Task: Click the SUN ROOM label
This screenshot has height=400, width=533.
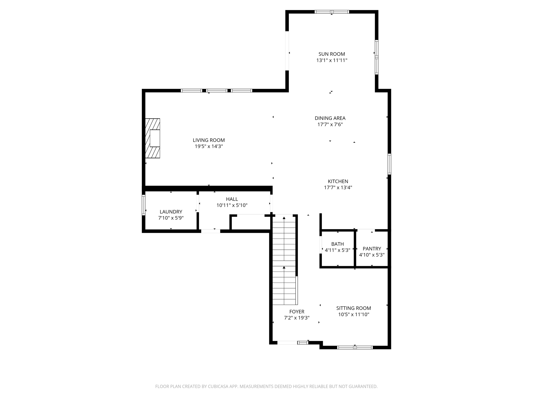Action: (x=332, y=54)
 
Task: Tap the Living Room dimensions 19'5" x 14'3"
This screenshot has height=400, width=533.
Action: (x=209, y=146)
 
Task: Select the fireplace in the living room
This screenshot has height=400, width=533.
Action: (x=153, y=138)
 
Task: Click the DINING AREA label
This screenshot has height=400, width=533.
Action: (x=330, y=118)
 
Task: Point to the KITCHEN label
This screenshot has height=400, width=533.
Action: (x=338, y=181)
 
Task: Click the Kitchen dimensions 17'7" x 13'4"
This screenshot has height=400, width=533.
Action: (x=338, y=187)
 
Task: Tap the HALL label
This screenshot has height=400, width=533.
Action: (x=232, y=199)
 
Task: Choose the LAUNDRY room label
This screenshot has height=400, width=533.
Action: (x=171, y=212)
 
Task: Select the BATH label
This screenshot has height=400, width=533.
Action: (x=337, y=244)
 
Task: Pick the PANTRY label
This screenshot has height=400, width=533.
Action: (x=372, y=249)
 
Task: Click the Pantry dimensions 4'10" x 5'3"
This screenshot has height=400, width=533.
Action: (x=372, y=255)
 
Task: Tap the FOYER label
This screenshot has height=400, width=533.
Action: (x=297, y=312)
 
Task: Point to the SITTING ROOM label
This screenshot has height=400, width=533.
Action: (x=353, y=308)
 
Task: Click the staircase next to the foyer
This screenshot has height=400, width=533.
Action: (x=284, y=260)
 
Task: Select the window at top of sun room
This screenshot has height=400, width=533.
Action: (x=332, y=12)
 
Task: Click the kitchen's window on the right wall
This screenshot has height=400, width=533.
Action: (x=389, y=164)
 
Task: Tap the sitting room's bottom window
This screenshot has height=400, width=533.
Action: (x=355, y=347)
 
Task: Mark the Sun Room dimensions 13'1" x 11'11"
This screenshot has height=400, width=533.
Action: (x=332, y=60)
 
